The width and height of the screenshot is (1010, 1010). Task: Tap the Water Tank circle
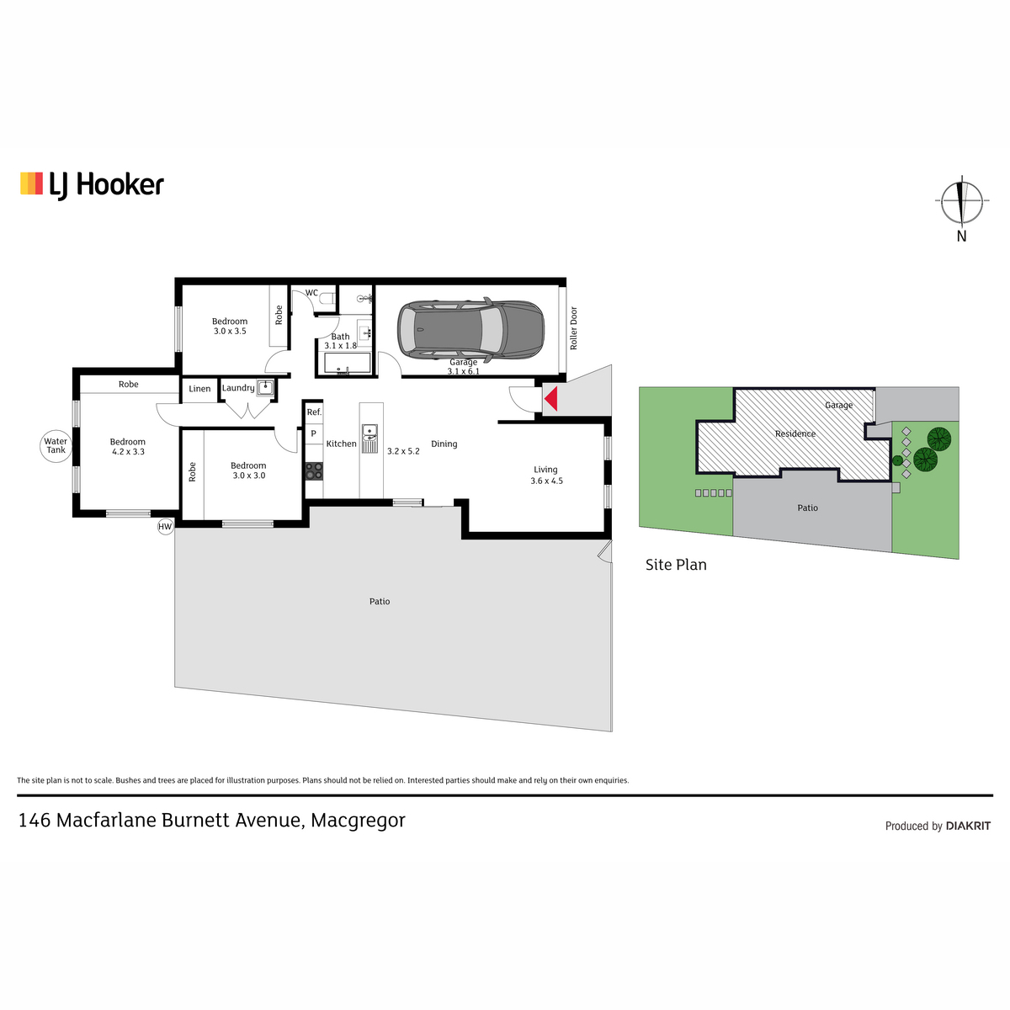56,446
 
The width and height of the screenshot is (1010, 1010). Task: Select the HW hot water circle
165,527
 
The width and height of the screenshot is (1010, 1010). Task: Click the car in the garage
470,330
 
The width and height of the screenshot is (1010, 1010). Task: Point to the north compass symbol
961,201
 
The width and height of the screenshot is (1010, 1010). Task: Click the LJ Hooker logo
93,185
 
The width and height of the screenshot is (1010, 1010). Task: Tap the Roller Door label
573,328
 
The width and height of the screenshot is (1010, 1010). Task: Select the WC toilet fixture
328,298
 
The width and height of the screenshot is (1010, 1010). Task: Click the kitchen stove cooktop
314,470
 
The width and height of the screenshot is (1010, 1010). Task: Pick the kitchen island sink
369,438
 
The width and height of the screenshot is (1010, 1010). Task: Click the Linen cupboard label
199,388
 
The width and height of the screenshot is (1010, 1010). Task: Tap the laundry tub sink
266,387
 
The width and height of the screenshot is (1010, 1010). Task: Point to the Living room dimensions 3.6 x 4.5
547,481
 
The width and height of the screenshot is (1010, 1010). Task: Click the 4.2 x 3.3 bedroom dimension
129,451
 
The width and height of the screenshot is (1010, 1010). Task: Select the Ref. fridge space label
314,412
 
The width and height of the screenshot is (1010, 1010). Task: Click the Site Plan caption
676,565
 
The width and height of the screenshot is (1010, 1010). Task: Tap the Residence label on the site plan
795,433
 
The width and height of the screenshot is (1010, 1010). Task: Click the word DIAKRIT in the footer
968,826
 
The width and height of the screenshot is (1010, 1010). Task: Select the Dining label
444,444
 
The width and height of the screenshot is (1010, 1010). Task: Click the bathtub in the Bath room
347,363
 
